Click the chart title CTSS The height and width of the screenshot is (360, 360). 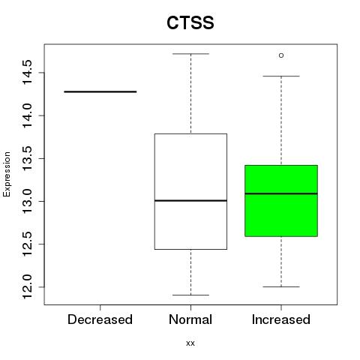tap(190, 22)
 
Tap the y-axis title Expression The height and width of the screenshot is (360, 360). tap(7, 175)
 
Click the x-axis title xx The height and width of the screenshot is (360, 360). tap(190, 343)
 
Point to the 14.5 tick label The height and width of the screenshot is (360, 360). tap(28, 73)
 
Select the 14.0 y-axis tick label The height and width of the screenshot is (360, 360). tap(28, 115)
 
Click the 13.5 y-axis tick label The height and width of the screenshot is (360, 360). tap(28, 158)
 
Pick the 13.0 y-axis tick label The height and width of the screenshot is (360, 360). tap(28, 201)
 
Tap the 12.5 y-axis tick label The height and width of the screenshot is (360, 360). tap(28, 244)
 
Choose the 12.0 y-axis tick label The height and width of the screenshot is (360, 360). tap(28, 286)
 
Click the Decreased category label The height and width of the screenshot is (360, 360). tap(100, 319)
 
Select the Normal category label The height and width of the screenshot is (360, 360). tap(190, 319)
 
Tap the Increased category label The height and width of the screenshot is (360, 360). tap(281, 319)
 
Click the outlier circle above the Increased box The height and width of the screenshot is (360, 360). tap(281, 55)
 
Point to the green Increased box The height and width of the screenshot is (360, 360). tap(281, 201)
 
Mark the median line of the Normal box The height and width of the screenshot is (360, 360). tap(190, 200)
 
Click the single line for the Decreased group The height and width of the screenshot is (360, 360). tap(100, 91)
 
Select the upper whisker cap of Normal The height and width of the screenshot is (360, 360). tap(190, 54)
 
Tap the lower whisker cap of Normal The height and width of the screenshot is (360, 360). tap(190, 295)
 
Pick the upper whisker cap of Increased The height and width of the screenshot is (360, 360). tap(281, 76)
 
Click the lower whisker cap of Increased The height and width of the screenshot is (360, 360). tap(281, 286)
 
